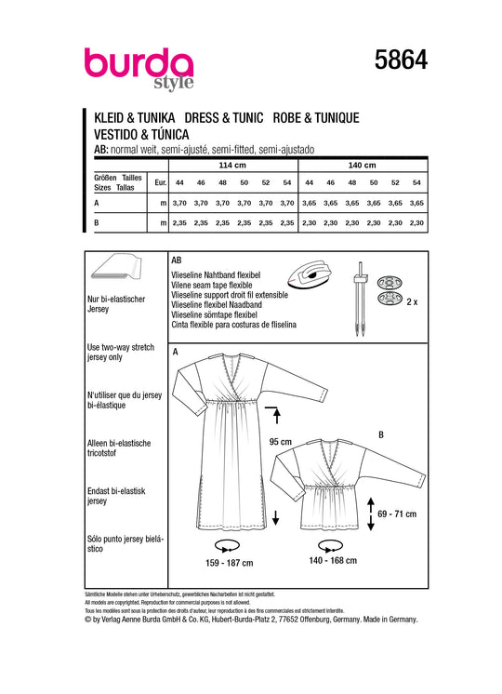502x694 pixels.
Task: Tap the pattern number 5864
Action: (401, 60)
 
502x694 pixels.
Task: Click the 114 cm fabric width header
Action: (232, 165)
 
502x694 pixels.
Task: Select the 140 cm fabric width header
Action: (362, 165)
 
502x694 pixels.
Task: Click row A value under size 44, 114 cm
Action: (179, 203)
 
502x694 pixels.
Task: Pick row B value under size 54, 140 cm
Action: (416, 223)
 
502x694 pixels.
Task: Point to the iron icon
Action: (309, 274)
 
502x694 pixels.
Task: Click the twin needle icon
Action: (360, 300)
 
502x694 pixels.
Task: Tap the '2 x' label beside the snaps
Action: (412, 301)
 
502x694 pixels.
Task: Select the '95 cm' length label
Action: (281, 442)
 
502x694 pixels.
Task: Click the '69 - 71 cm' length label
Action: (397, 514)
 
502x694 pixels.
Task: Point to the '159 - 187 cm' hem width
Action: (229, 563)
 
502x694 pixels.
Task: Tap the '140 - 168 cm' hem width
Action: (333, 560)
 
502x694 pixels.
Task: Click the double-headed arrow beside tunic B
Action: (371, 514)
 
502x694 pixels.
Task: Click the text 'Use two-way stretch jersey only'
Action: (120, 352)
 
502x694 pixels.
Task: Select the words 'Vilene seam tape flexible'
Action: (211, 285)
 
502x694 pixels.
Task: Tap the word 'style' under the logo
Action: (174, 83)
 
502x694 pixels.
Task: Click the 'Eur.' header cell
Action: (161, 182)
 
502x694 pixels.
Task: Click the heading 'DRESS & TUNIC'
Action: (224, 118)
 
